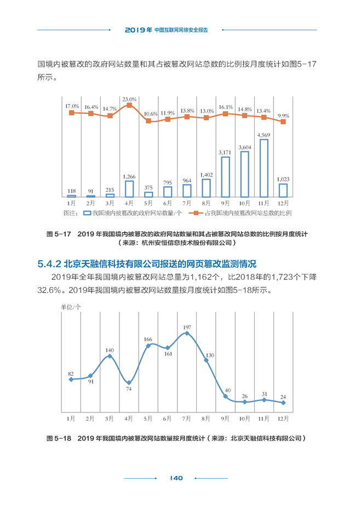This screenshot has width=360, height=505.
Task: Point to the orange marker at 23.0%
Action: (x=129, y=105)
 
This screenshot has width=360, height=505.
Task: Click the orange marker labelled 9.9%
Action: (x=283, y=122)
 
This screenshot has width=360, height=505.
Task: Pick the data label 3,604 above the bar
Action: (x=244, y=147)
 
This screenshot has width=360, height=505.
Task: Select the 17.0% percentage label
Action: (x=72, y=106)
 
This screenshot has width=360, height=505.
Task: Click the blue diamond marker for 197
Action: (x=187, y=334)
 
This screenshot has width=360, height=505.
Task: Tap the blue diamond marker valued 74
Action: (x=129, y=383)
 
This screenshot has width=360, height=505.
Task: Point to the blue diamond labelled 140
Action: (x=110, y=356)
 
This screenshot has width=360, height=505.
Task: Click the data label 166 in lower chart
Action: (x=148, y=339)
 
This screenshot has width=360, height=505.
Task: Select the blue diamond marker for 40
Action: (x=225, y=397)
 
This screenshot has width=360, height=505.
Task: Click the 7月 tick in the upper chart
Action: (x=187, y=203)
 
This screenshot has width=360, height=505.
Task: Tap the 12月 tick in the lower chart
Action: (x=283, y=418)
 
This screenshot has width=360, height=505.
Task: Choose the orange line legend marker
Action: (x=196, y=213)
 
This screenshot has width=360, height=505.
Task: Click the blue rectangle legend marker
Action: (x=87, y=213)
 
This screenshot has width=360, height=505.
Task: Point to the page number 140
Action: (x=176, y=478)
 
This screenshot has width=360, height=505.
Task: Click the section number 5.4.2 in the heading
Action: (x=49, y=264)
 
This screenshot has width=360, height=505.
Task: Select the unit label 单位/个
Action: (x=71, y=307)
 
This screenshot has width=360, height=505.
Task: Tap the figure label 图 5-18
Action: (x=59, y=438)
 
